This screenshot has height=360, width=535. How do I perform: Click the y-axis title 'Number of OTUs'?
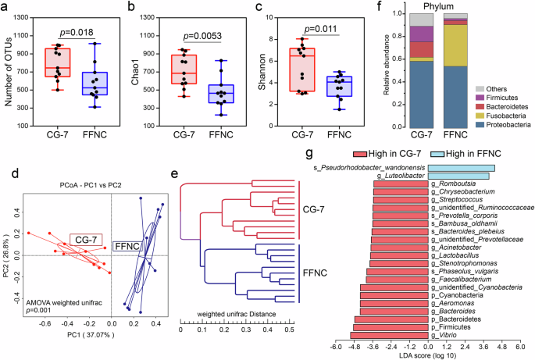(x=8, y=69)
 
